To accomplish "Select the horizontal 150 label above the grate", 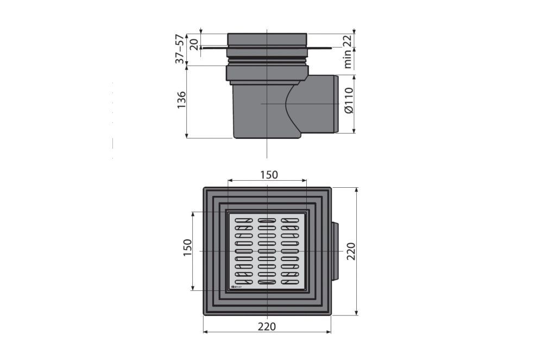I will [268, 175].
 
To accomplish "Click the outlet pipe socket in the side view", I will [326, 104].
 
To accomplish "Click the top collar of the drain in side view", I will [268, 39].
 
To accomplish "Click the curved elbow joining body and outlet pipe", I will [296, 106].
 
